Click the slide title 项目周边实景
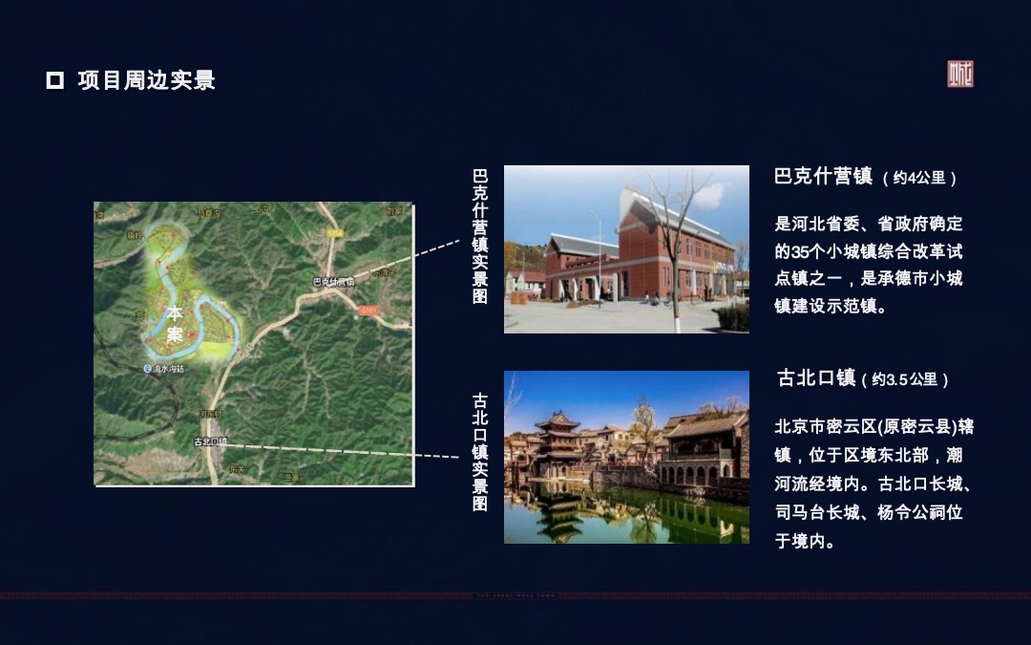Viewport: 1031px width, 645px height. click(146, 80)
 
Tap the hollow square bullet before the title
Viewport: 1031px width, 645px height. click(54, 80)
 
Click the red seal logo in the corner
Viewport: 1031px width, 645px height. click(959, 74)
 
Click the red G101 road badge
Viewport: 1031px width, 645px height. click(368, 310)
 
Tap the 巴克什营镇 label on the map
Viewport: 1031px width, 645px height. click(333, 282)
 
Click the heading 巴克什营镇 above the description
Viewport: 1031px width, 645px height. click(823, 177)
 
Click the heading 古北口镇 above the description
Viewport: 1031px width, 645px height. click(816, 378)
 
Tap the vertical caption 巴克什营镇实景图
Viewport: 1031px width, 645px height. click(480, 236)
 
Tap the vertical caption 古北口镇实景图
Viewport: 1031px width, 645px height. click(480, 451)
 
